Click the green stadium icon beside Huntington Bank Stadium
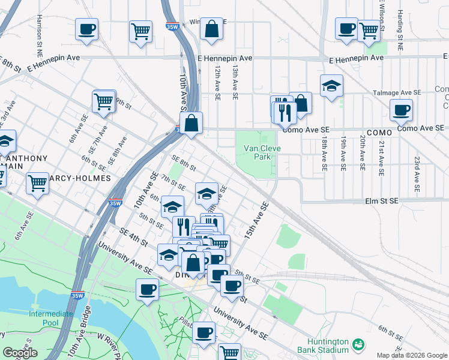(358, 344)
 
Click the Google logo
(20, 353)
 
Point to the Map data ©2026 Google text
(412, 355)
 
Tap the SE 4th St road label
(133, 237)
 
